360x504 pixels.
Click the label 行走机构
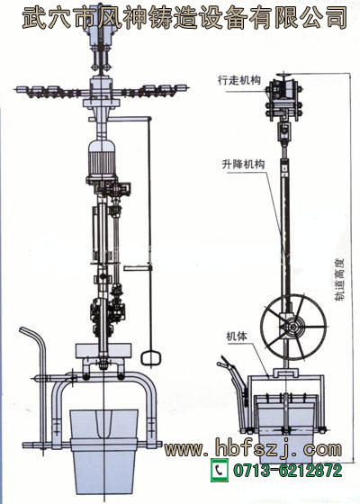239,80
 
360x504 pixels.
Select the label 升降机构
243,164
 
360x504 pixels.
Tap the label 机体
237,337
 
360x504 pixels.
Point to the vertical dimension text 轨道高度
339,279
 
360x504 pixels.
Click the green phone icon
220,470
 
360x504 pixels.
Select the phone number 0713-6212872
288,470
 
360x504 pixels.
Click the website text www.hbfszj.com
253,448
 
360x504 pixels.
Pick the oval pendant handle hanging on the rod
150,358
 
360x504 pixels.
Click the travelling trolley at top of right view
283,99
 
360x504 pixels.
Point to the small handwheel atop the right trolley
283,76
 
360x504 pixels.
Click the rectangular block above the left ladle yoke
103,351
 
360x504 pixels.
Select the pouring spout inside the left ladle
103,423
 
